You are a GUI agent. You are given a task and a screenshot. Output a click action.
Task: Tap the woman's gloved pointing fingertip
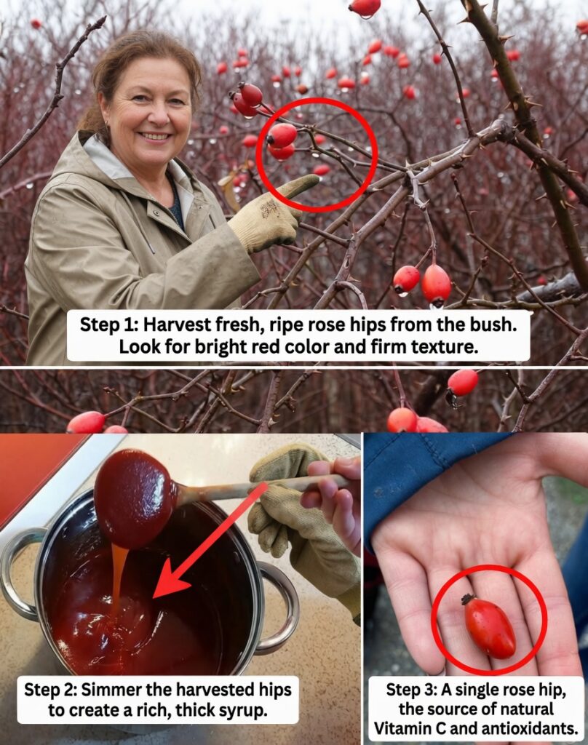pos(314,180)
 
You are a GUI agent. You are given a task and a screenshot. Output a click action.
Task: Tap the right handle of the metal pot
pos(280,607)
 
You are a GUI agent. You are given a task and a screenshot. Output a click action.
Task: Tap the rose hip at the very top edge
pos(365,7)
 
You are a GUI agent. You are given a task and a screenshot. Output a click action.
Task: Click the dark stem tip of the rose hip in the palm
pos(467,599)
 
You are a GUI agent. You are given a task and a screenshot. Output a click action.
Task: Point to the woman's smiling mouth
pos(155,136)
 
